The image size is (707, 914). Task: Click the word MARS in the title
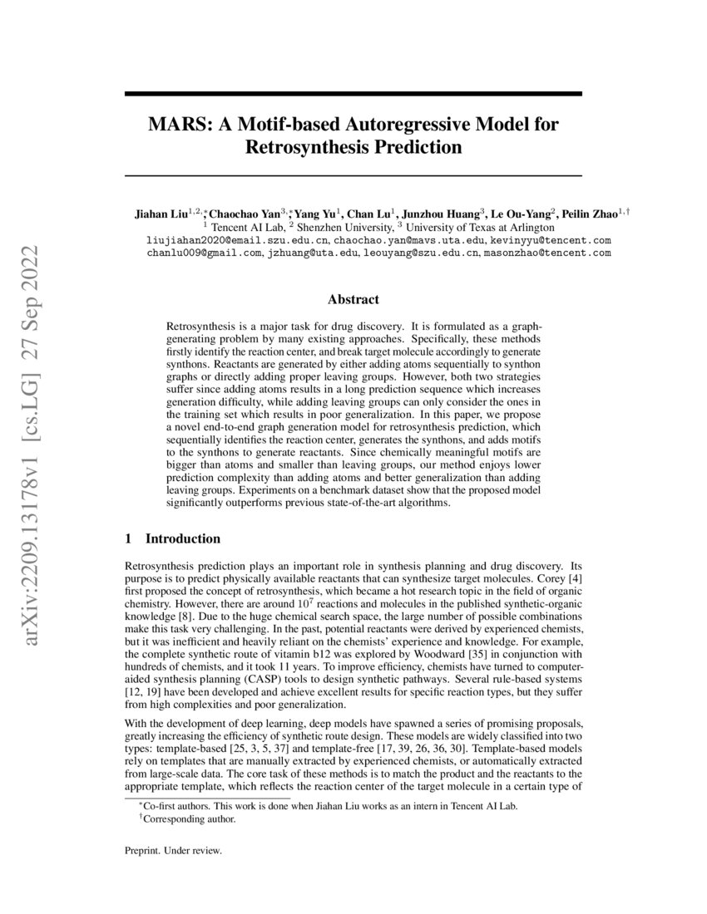(x=176, y=125)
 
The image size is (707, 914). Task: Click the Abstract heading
(x=353, y=299)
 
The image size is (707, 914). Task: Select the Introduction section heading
(x=183, y=538)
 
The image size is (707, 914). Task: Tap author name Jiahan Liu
(x=161, y=214)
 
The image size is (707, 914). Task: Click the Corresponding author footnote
(x=190, y=818)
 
